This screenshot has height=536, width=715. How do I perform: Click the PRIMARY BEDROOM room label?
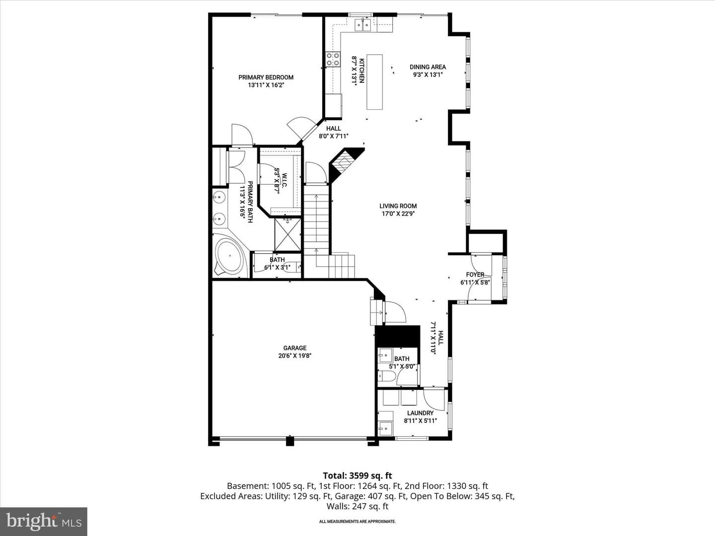coord(266,77)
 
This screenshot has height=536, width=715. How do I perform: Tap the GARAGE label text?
coord(295,348)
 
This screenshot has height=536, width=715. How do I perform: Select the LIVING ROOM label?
coord(398,206)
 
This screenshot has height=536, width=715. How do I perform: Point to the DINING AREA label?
coord(428,67)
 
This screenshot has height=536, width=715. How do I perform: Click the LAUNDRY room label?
coord(420,413)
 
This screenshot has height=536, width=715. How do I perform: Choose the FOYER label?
coord(475,274)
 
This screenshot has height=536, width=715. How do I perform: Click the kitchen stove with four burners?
coord(333,60)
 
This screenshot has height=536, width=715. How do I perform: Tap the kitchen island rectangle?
coord(374,82)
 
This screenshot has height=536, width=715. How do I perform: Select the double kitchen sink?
coord(362,25)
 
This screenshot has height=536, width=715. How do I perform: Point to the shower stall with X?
coord(287,234)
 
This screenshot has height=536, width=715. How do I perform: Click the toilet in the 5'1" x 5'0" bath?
coord(386,377)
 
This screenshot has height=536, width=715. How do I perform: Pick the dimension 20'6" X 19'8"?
coord(295,356)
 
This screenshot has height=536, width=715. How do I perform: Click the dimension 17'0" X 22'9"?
coord(398,214)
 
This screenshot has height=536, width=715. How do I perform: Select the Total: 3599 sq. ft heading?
coord(357,476)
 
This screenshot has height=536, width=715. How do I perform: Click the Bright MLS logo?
coord(43,521)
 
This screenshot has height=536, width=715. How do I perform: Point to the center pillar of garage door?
coord(290,441)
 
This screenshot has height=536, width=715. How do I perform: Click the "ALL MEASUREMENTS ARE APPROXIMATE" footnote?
coord(357,521)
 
